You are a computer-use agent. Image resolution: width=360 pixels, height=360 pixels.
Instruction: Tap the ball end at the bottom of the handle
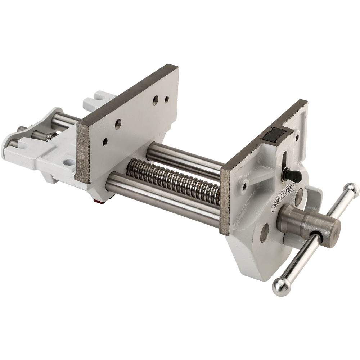coord(281,287)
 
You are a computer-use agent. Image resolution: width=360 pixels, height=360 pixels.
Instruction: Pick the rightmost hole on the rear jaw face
coord(167,99)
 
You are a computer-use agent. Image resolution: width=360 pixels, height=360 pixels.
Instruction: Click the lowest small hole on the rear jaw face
coord(105,142)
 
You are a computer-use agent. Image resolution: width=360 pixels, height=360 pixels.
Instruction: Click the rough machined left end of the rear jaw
coord(83,151)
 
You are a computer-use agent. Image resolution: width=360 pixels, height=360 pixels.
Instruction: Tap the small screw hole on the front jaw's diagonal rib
coord(245,186)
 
